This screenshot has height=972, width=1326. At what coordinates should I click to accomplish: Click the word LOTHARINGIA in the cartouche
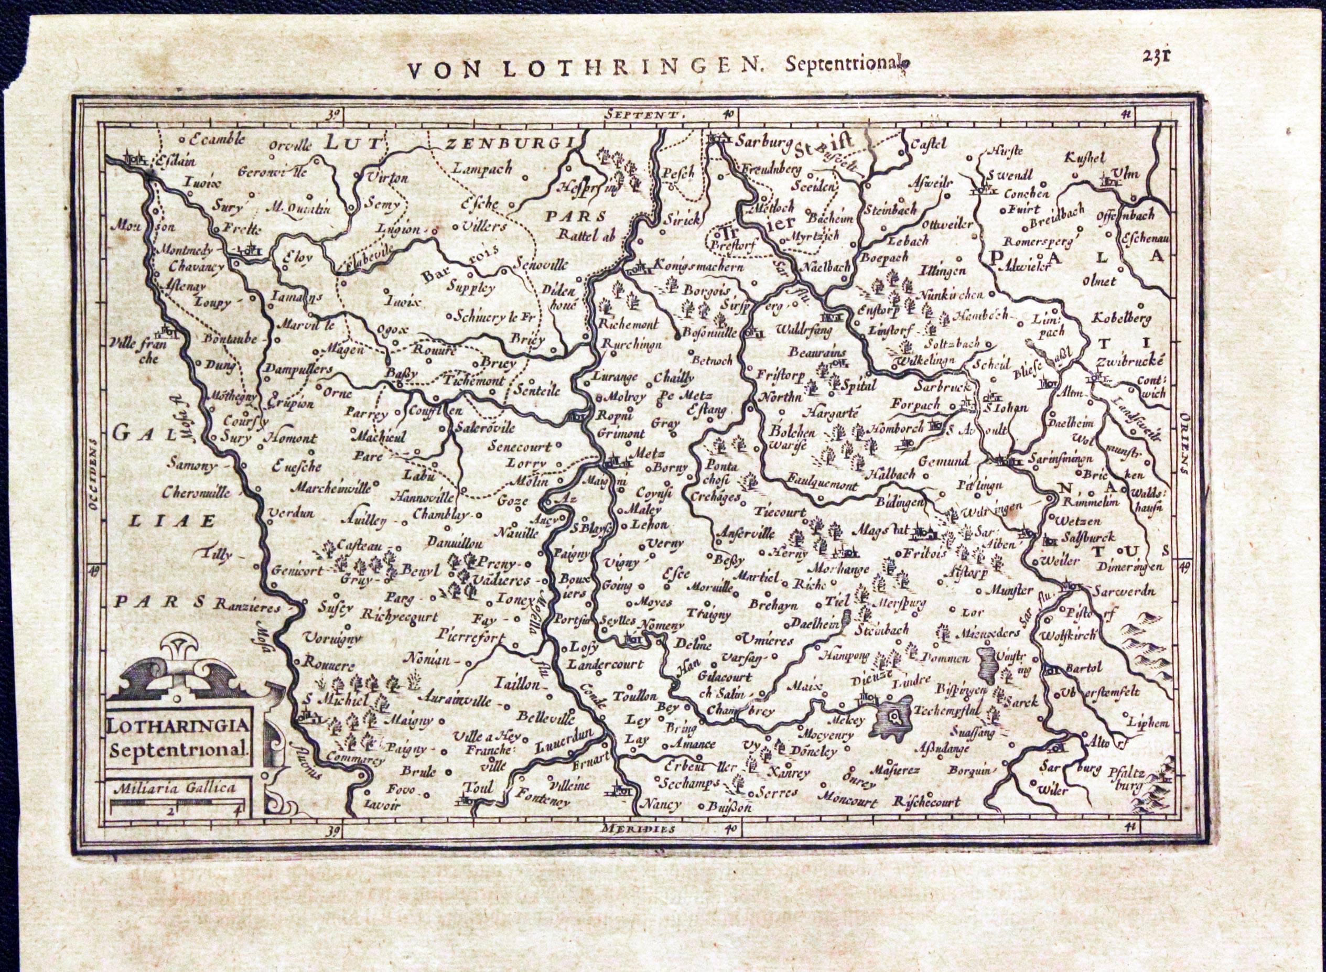click(180, 727)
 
